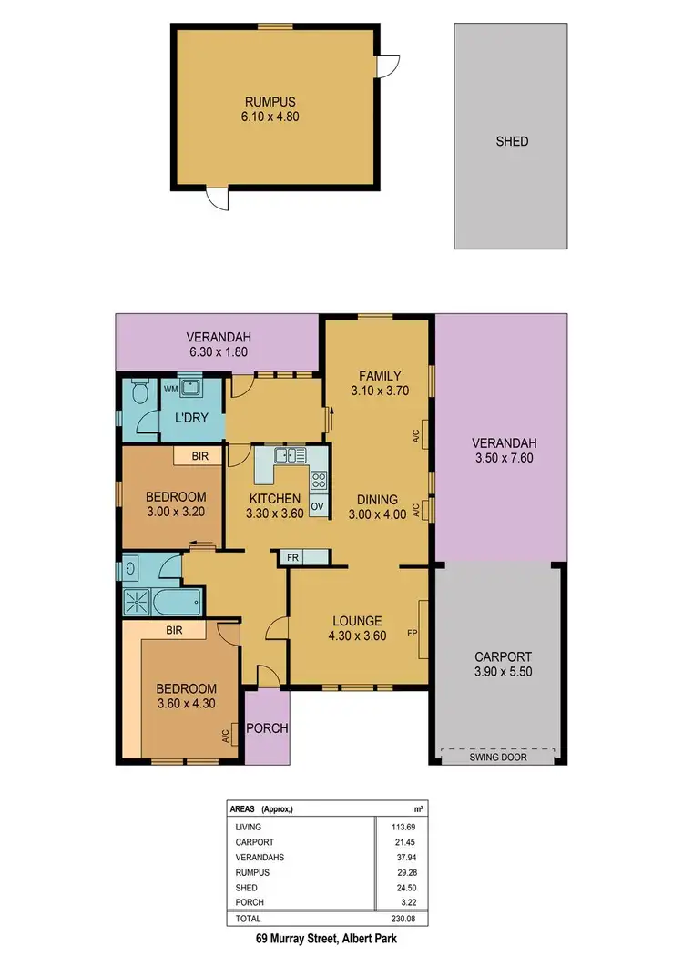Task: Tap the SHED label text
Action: (512, 141)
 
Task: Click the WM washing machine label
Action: (170, 389)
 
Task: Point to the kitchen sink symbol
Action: (290, 454)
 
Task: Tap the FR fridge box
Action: (293, 557)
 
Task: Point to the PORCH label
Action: (268, 728)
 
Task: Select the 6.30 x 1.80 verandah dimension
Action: (218, 351)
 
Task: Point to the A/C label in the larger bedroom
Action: (224, 735)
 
